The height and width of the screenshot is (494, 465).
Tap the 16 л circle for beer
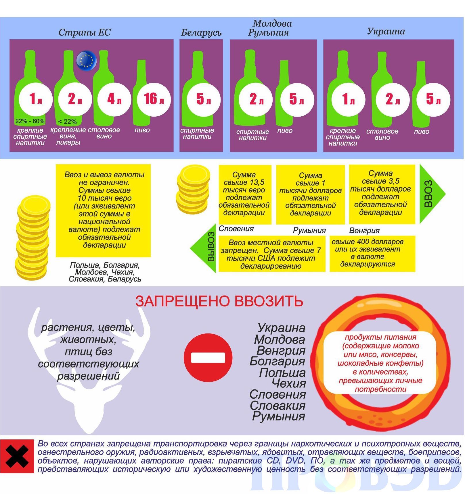154,99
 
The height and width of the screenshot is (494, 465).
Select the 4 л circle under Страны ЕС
114,99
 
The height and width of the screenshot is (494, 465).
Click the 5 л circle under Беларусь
204,99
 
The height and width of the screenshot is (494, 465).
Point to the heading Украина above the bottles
386,31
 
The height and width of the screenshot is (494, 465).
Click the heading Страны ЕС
85,32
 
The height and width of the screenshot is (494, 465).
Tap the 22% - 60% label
30,121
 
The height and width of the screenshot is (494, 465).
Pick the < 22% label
67,121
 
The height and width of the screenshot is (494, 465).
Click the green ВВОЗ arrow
432,194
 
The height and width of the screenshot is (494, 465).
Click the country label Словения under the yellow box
236,229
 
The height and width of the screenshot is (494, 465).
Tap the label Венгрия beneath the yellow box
364,231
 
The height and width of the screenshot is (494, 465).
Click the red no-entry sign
208,358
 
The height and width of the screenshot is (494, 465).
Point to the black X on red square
17,456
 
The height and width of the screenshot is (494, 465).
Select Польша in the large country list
282,373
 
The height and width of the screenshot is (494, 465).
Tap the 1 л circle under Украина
348,99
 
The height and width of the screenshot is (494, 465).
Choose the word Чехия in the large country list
289,383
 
